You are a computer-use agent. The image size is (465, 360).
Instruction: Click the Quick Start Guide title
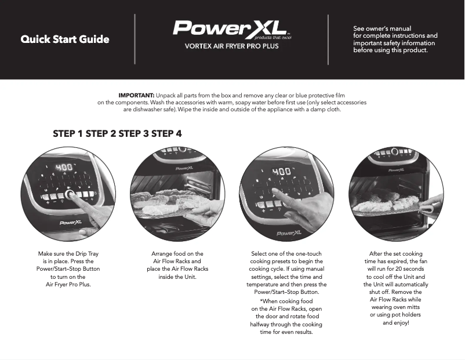tap(65, 40)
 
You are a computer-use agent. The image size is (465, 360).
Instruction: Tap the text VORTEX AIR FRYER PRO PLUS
tap(231, 46)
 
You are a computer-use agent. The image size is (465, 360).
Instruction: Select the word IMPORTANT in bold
tap(136, 95)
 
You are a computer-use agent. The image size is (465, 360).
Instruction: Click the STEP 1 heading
tap(68, 134)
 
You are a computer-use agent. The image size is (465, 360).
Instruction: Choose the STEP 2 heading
tap(101, 134)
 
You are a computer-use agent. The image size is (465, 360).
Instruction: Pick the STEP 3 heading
tap(134, 134)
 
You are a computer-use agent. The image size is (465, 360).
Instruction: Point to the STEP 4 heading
tap(167, 134)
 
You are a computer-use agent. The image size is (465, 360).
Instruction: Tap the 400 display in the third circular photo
tap(282, 172)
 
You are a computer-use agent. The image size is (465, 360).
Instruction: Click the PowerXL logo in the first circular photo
tap(70, 222)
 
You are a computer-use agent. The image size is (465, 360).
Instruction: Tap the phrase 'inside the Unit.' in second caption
tap(177, 277)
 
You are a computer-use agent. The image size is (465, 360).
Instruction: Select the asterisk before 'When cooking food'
tap(261, 302)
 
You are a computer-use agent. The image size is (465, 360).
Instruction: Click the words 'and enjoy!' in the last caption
tap(396, 322)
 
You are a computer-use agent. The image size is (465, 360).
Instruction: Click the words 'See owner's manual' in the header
tap(382, 28)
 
